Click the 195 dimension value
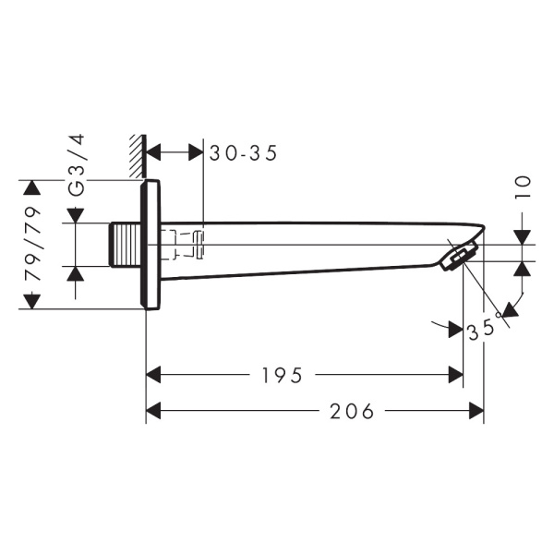283,375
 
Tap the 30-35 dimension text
244,153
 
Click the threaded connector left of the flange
125,245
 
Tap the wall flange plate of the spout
151,244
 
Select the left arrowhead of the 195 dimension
156,375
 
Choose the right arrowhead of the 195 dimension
454,375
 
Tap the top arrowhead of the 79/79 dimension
32,188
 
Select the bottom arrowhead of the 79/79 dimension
32,301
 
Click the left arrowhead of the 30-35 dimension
156,152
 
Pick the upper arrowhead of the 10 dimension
523,235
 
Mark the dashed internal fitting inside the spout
186,245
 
